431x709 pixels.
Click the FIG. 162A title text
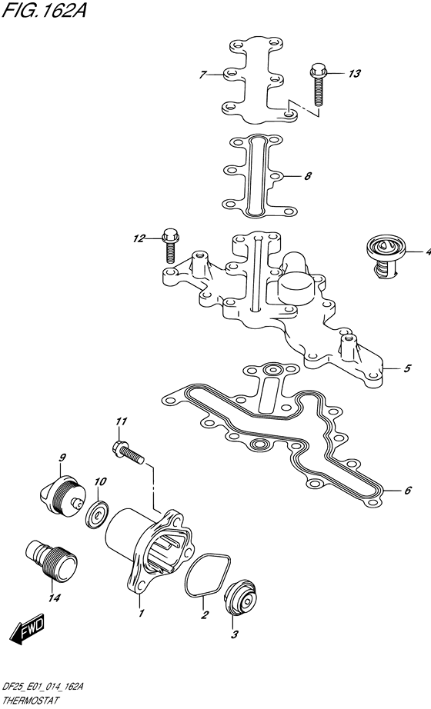(x=44, y=11)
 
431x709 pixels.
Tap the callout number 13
(x=354, y=73)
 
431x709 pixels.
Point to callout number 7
(x=203, y=75)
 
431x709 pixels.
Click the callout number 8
(x=308, y=176)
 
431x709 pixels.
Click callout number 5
(x=407, y=368)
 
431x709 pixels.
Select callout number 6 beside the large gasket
(x=407, y=490)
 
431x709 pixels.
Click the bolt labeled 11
(x=128, y=453)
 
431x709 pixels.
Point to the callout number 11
(x=121, y=421)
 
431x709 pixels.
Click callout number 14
(x=55, y=597)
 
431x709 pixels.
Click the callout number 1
(x=141, y=613)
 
